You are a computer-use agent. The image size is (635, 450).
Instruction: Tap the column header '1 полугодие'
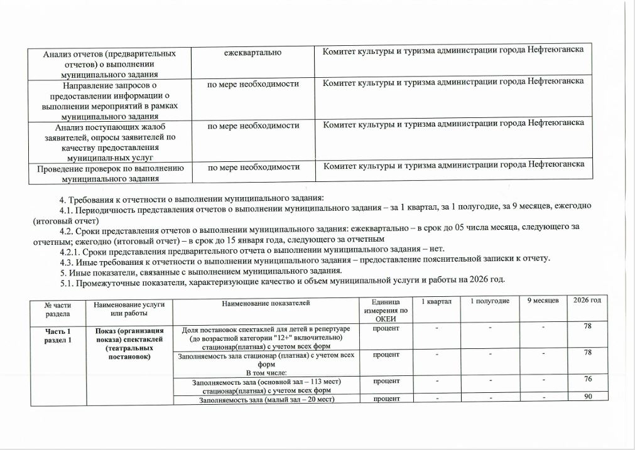[x=490, y=302]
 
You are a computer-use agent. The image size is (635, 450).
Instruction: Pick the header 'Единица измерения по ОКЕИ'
[x=386, y=311]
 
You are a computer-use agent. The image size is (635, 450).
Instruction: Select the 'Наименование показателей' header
[x=266, y=303]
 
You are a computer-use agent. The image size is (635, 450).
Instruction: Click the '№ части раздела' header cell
[x=57, y=308]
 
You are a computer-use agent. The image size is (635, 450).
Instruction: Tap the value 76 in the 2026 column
[x=588, y=378]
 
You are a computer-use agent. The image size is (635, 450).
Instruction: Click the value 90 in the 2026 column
[x=588, y=397]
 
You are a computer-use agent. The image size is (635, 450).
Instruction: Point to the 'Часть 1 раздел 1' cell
[x=57, y=335]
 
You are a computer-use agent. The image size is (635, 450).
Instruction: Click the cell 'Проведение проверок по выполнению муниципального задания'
[x=110, y=173]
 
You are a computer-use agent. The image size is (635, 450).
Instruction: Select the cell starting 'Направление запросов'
[x=110, y=99]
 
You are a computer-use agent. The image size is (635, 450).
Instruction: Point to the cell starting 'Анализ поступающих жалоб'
[x=110, y=139]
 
